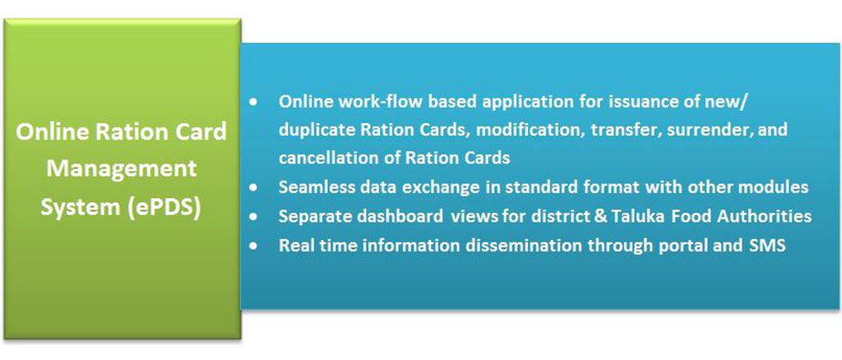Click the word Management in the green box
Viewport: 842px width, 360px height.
122,170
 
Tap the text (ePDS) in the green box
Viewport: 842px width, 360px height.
164,208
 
